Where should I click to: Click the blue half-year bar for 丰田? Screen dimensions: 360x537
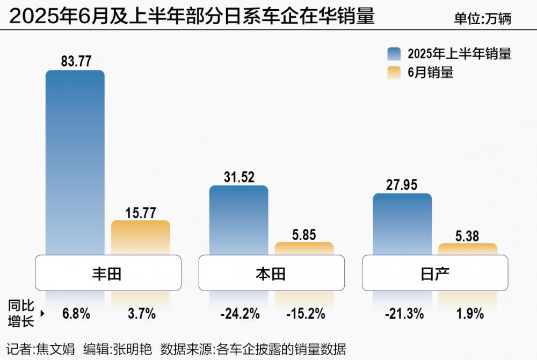click(x=75, y=161)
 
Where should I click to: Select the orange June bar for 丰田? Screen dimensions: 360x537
click(x=140, y=237)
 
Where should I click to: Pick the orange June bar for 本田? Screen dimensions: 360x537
click(x=304, y=248)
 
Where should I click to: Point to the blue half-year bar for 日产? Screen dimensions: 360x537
click(x=402, y=224)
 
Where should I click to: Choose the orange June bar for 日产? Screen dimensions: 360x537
click(x=467, y=249)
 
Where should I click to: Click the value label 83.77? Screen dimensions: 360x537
click(x=76, y=61)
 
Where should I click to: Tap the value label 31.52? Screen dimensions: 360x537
click(x=238, y=177)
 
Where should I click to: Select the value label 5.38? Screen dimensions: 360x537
click(x=468, y=235)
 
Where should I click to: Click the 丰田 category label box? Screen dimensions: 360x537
click(x=107, y=273)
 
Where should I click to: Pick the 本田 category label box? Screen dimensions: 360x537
click(x=271, y=273)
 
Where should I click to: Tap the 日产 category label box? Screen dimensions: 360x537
click(x=434, y=273)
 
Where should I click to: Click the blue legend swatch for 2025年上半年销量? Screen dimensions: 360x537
click(x=394, y=54)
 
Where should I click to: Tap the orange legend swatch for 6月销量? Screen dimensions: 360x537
click(x=394, y=73)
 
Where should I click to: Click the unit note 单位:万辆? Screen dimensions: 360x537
click(x=482, y=19)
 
